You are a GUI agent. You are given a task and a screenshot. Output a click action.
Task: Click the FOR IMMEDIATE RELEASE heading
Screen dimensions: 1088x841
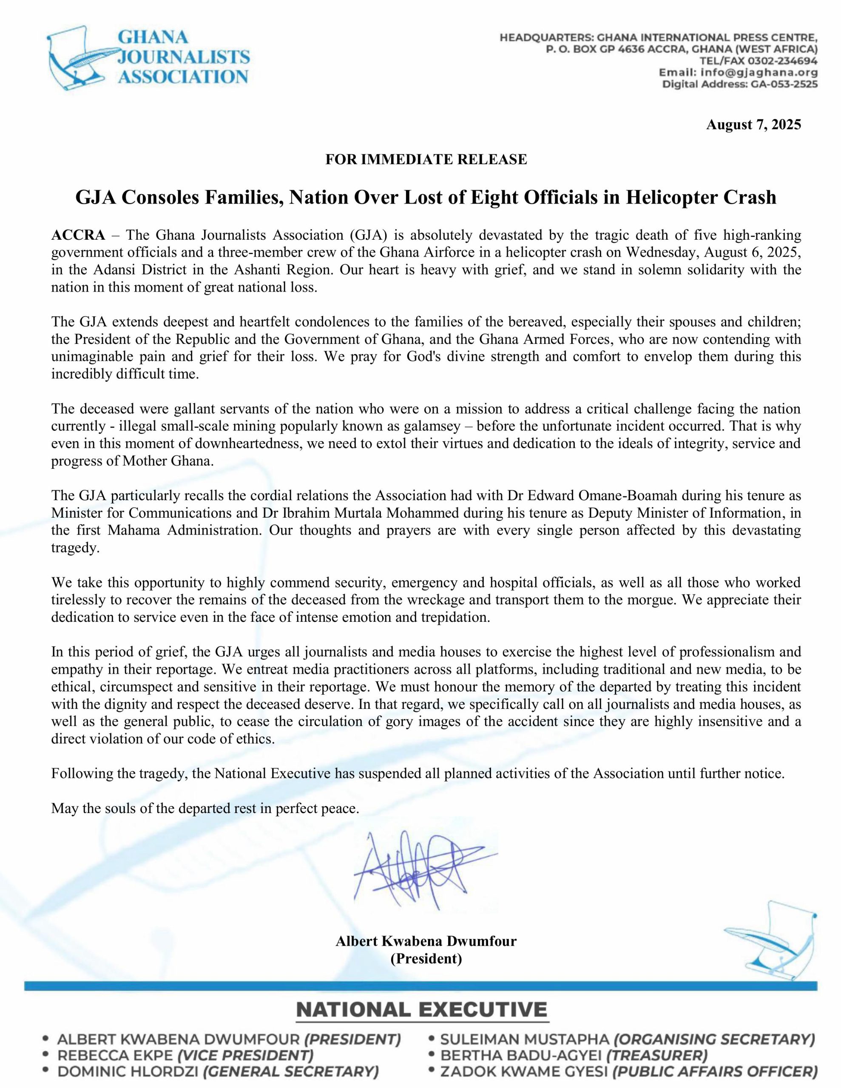click(426, 159)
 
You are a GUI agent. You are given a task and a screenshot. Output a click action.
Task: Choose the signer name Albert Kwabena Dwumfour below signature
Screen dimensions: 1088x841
click(426, 941)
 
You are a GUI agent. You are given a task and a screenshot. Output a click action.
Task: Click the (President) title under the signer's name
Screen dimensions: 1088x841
click(426, 958)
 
